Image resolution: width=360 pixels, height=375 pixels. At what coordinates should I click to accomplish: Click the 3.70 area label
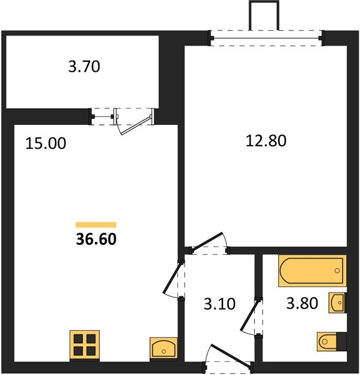(84, 66)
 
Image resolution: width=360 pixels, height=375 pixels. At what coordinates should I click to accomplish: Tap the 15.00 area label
(46, 144)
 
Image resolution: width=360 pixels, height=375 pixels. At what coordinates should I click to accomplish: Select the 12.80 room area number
(266, 141)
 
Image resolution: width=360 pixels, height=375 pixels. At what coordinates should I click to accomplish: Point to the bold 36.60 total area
(96, 239)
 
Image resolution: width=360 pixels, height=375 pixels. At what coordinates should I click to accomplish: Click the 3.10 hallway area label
(219, 304)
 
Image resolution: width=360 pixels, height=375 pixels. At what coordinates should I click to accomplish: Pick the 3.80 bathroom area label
(302, 303)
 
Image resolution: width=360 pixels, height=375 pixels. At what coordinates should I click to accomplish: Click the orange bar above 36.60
(96, 224)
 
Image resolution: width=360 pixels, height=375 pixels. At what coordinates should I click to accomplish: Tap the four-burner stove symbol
(84, 346)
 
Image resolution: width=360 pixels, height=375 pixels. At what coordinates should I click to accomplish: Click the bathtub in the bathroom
(312, 271)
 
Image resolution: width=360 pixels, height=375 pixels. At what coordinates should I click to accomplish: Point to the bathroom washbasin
(337, 302)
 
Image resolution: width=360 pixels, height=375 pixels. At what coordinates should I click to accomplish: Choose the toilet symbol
(332, 341)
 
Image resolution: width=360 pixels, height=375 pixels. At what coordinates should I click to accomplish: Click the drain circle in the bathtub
(337, 271)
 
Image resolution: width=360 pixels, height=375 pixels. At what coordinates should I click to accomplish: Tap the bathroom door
(252, 316)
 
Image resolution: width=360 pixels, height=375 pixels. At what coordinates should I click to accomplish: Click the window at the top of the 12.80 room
(266, 37)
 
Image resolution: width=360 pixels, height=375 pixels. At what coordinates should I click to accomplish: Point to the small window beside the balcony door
(102, 116)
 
